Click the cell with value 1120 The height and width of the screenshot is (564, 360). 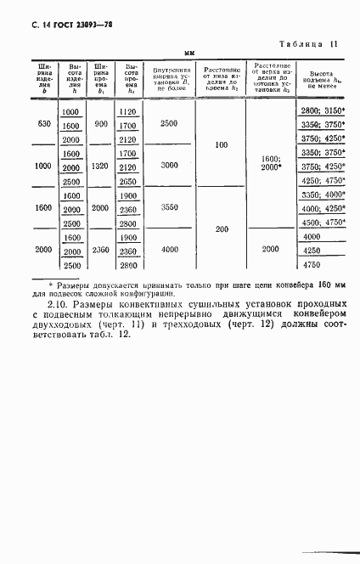point(128,112)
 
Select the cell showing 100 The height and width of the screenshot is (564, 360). point(222,145)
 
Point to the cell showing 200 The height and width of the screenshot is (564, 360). point(222,228)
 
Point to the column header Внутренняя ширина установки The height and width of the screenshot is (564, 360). point(169,81)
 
